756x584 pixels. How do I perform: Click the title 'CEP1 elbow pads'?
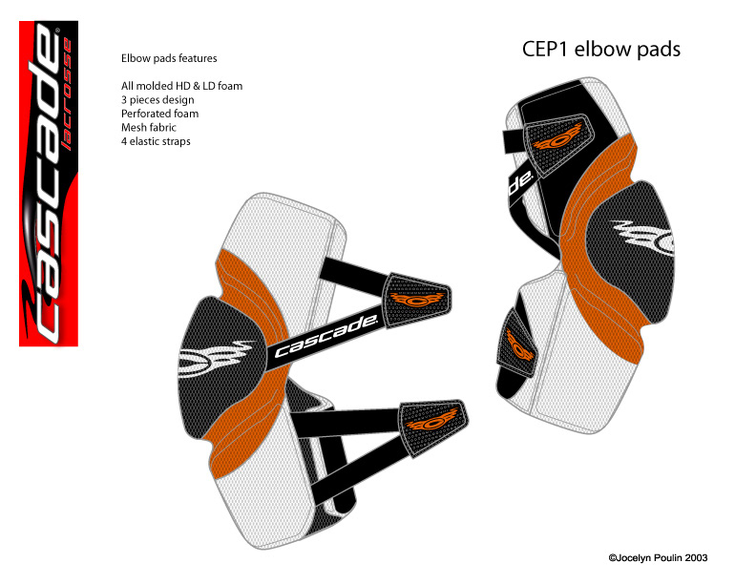click(600, 49)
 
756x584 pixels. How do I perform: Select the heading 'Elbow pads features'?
click(169, 58)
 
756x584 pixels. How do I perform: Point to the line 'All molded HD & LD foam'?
click(181, 86)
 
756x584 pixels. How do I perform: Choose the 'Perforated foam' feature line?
click(159, 114)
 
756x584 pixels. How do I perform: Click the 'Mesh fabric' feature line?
click(151, 128)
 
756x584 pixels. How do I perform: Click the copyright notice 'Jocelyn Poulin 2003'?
click(659, 558)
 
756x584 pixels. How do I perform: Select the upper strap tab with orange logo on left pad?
click(415, 298)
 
